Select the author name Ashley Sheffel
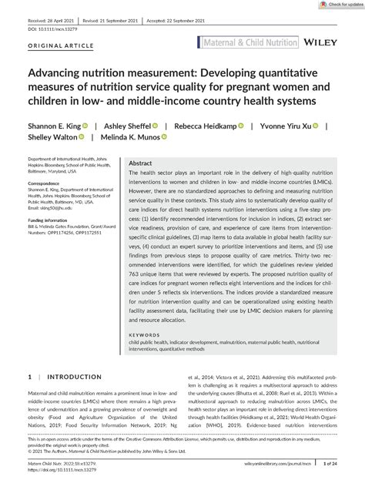[x=131, y=125]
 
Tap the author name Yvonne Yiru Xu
[x=290, y=125]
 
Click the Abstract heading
[x=140, y=164]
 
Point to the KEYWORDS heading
[x=144, y=335]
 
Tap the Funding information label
[x=54, y=219]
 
